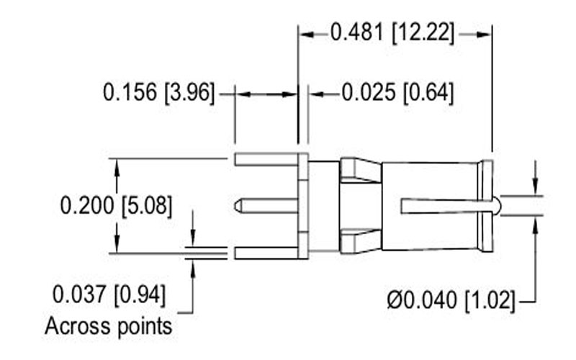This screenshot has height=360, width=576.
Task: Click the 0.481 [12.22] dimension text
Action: click(392, 32)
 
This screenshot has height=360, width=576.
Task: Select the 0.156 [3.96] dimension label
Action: click(158, 92)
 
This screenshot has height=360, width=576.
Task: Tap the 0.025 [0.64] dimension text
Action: click(398, 92)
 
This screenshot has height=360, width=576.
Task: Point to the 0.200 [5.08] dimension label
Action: click(116, 205)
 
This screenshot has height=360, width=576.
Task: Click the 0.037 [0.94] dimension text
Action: click(109, 294)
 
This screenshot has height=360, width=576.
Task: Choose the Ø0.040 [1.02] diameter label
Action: click(451, 300)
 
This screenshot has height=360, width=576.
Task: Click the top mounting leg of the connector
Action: click(266, 159)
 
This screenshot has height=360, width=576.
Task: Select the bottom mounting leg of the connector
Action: click(266, 253)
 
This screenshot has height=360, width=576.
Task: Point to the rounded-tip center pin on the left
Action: click(266, 206)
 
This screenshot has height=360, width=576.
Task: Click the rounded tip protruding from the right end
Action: click(497, 206)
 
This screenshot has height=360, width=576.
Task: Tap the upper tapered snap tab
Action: click(360, 171)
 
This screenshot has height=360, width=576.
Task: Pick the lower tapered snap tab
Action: click(360, 241)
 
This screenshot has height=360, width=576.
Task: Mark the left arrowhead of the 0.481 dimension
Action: click(307, 35)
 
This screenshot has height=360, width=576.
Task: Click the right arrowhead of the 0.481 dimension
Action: click(483, 35)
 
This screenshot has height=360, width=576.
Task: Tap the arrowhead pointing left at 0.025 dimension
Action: click(317, 94)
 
